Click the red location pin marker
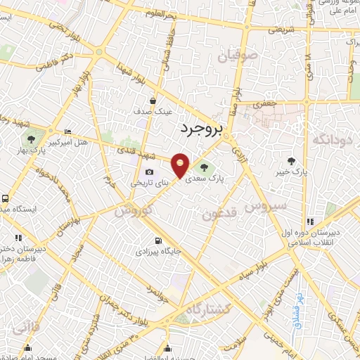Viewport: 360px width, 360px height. (181, 166)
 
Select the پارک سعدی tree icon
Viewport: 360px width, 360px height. (204, 167)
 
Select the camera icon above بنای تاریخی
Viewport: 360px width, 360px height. (148, 172)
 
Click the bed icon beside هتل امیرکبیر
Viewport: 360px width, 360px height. (67, 131)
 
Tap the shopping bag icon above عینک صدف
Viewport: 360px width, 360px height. (152, 101)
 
